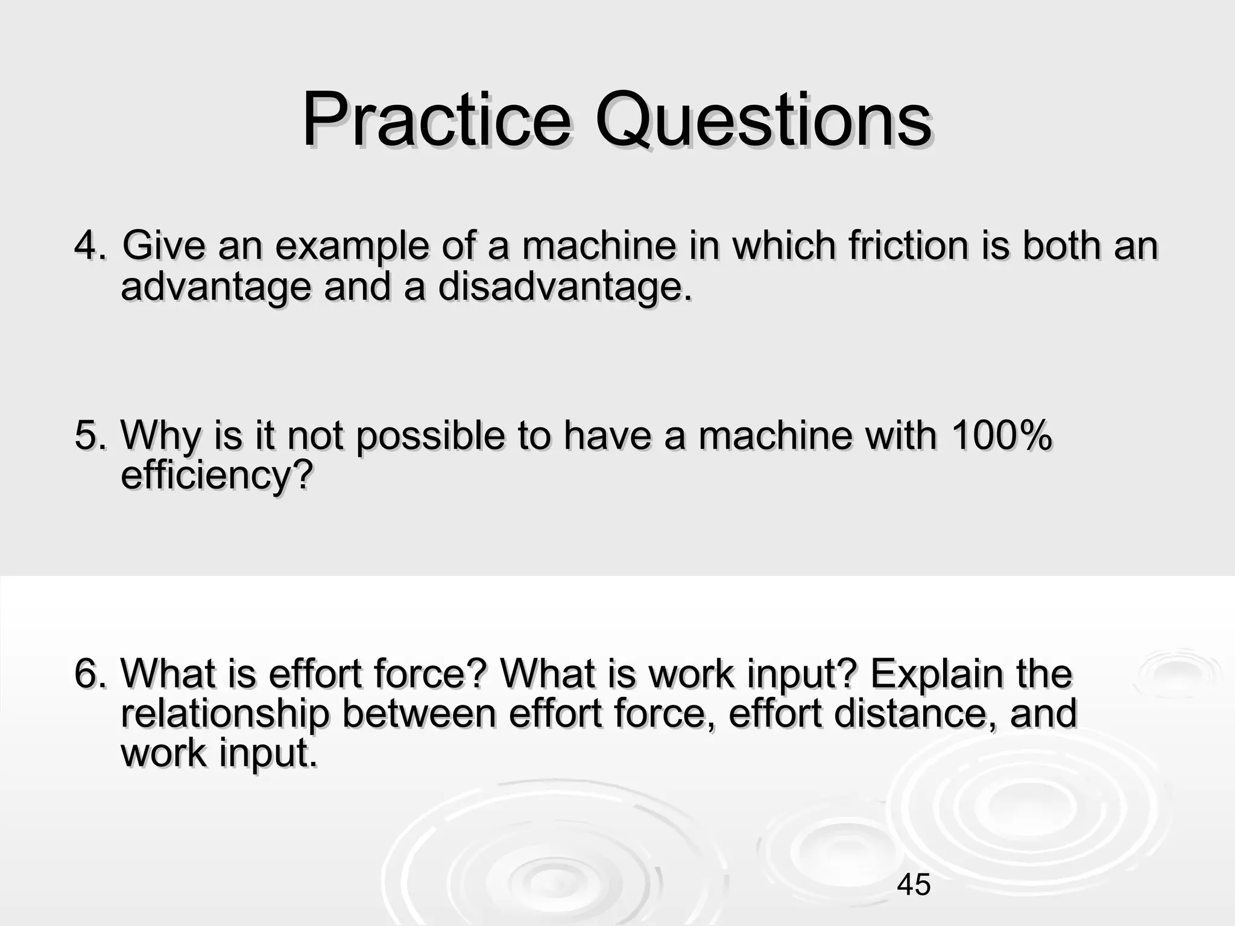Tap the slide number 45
[x=914, y=884]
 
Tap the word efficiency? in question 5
[x=216, y=475]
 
